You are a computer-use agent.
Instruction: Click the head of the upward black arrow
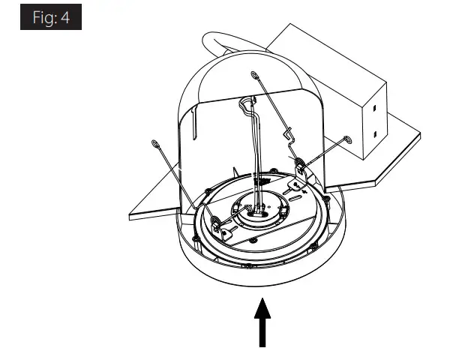[x=262, y=308]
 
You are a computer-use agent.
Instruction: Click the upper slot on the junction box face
[x=373, y=108]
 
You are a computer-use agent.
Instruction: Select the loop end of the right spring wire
[x=346, y=138]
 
